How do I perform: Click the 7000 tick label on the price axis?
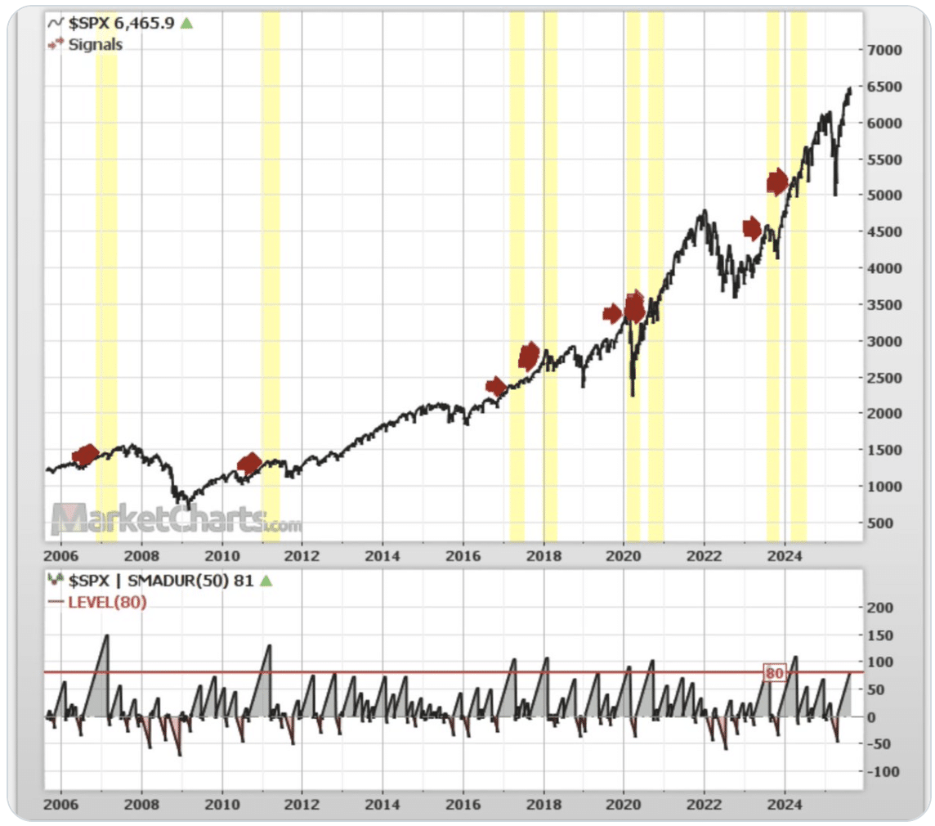(886, 50)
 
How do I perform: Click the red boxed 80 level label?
(773, 672)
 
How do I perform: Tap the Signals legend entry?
(95, 44)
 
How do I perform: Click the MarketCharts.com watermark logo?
(176, 519)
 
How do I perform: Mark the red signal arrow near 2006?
(85, 455)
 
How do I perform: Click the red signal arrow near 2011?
(249, 464)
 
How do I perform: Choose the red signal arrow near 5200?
(777, 182)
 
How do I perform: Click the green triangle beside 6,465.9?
(186, 23)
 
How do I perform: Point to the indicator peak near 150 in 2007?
(106, 635)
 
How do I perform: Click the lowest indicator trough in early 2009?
(180, 754)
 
